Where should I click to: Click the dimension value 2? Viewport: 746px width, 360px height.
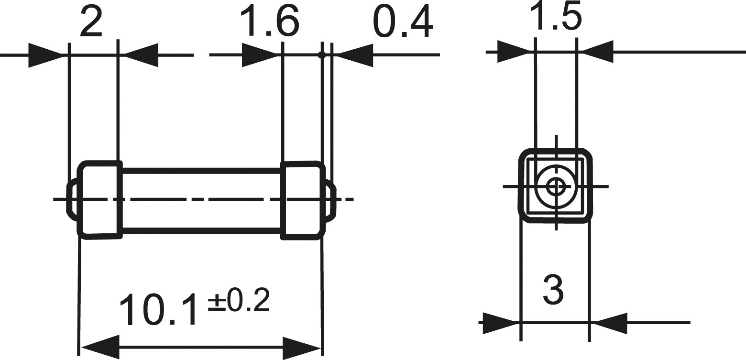[91, 22]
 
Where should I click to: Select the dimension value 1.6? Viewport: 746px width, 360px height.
[270, 22]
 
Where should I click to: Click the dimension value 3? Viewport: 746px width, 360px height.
[554, 290]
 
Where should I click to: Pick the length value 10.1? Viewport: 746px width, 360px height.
[158, 309]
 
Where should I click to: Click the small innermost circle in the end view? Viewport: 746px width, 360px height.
[556, 186]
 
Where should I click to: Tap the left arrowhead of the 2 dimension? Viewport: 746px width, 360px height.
[45, 55]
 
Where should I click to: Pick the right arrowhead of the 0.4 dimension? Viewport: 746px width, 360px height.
[355, 55]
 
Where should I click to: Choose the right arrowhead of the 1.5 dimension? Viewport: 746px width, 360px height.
[598, 51]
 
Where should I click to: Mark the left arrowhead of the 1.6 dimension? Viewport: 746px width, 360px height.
[260, 55]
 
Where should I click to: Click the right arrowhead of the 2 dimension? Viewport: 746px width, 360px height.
[142, 55]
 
